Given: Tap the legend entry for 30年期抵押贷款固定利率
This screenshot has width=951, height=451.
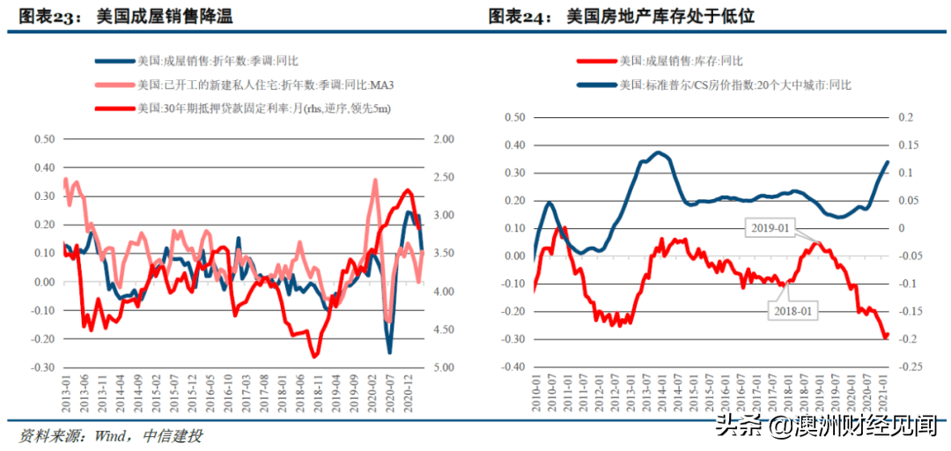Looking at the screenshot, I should click(263, 108).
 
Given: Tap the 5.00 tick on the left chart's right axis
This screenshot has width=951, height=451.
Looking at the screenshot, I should click(444, 367).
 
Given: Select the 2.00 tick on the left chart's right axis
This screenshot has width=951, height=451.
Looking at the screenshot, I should click(444, 140).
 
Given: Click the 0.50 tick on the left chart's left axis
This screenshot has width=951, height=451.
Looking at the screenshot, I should click(44, 140).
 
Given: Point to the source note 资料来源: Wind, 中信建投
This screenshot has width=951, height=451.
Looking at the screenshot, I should click(111, 436).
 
